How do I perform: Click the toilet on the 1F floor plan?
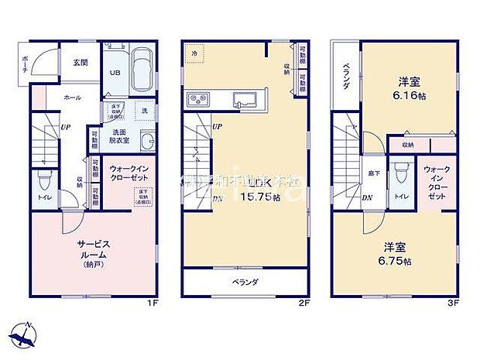pos(43,183)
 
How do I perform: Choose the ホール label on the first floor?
pos(72,98)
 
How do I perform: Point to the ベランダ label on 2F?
pos(246,282)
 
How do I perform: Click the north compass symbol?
pos(25,334)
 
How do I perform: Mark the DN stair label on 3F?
pos(366,197)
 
